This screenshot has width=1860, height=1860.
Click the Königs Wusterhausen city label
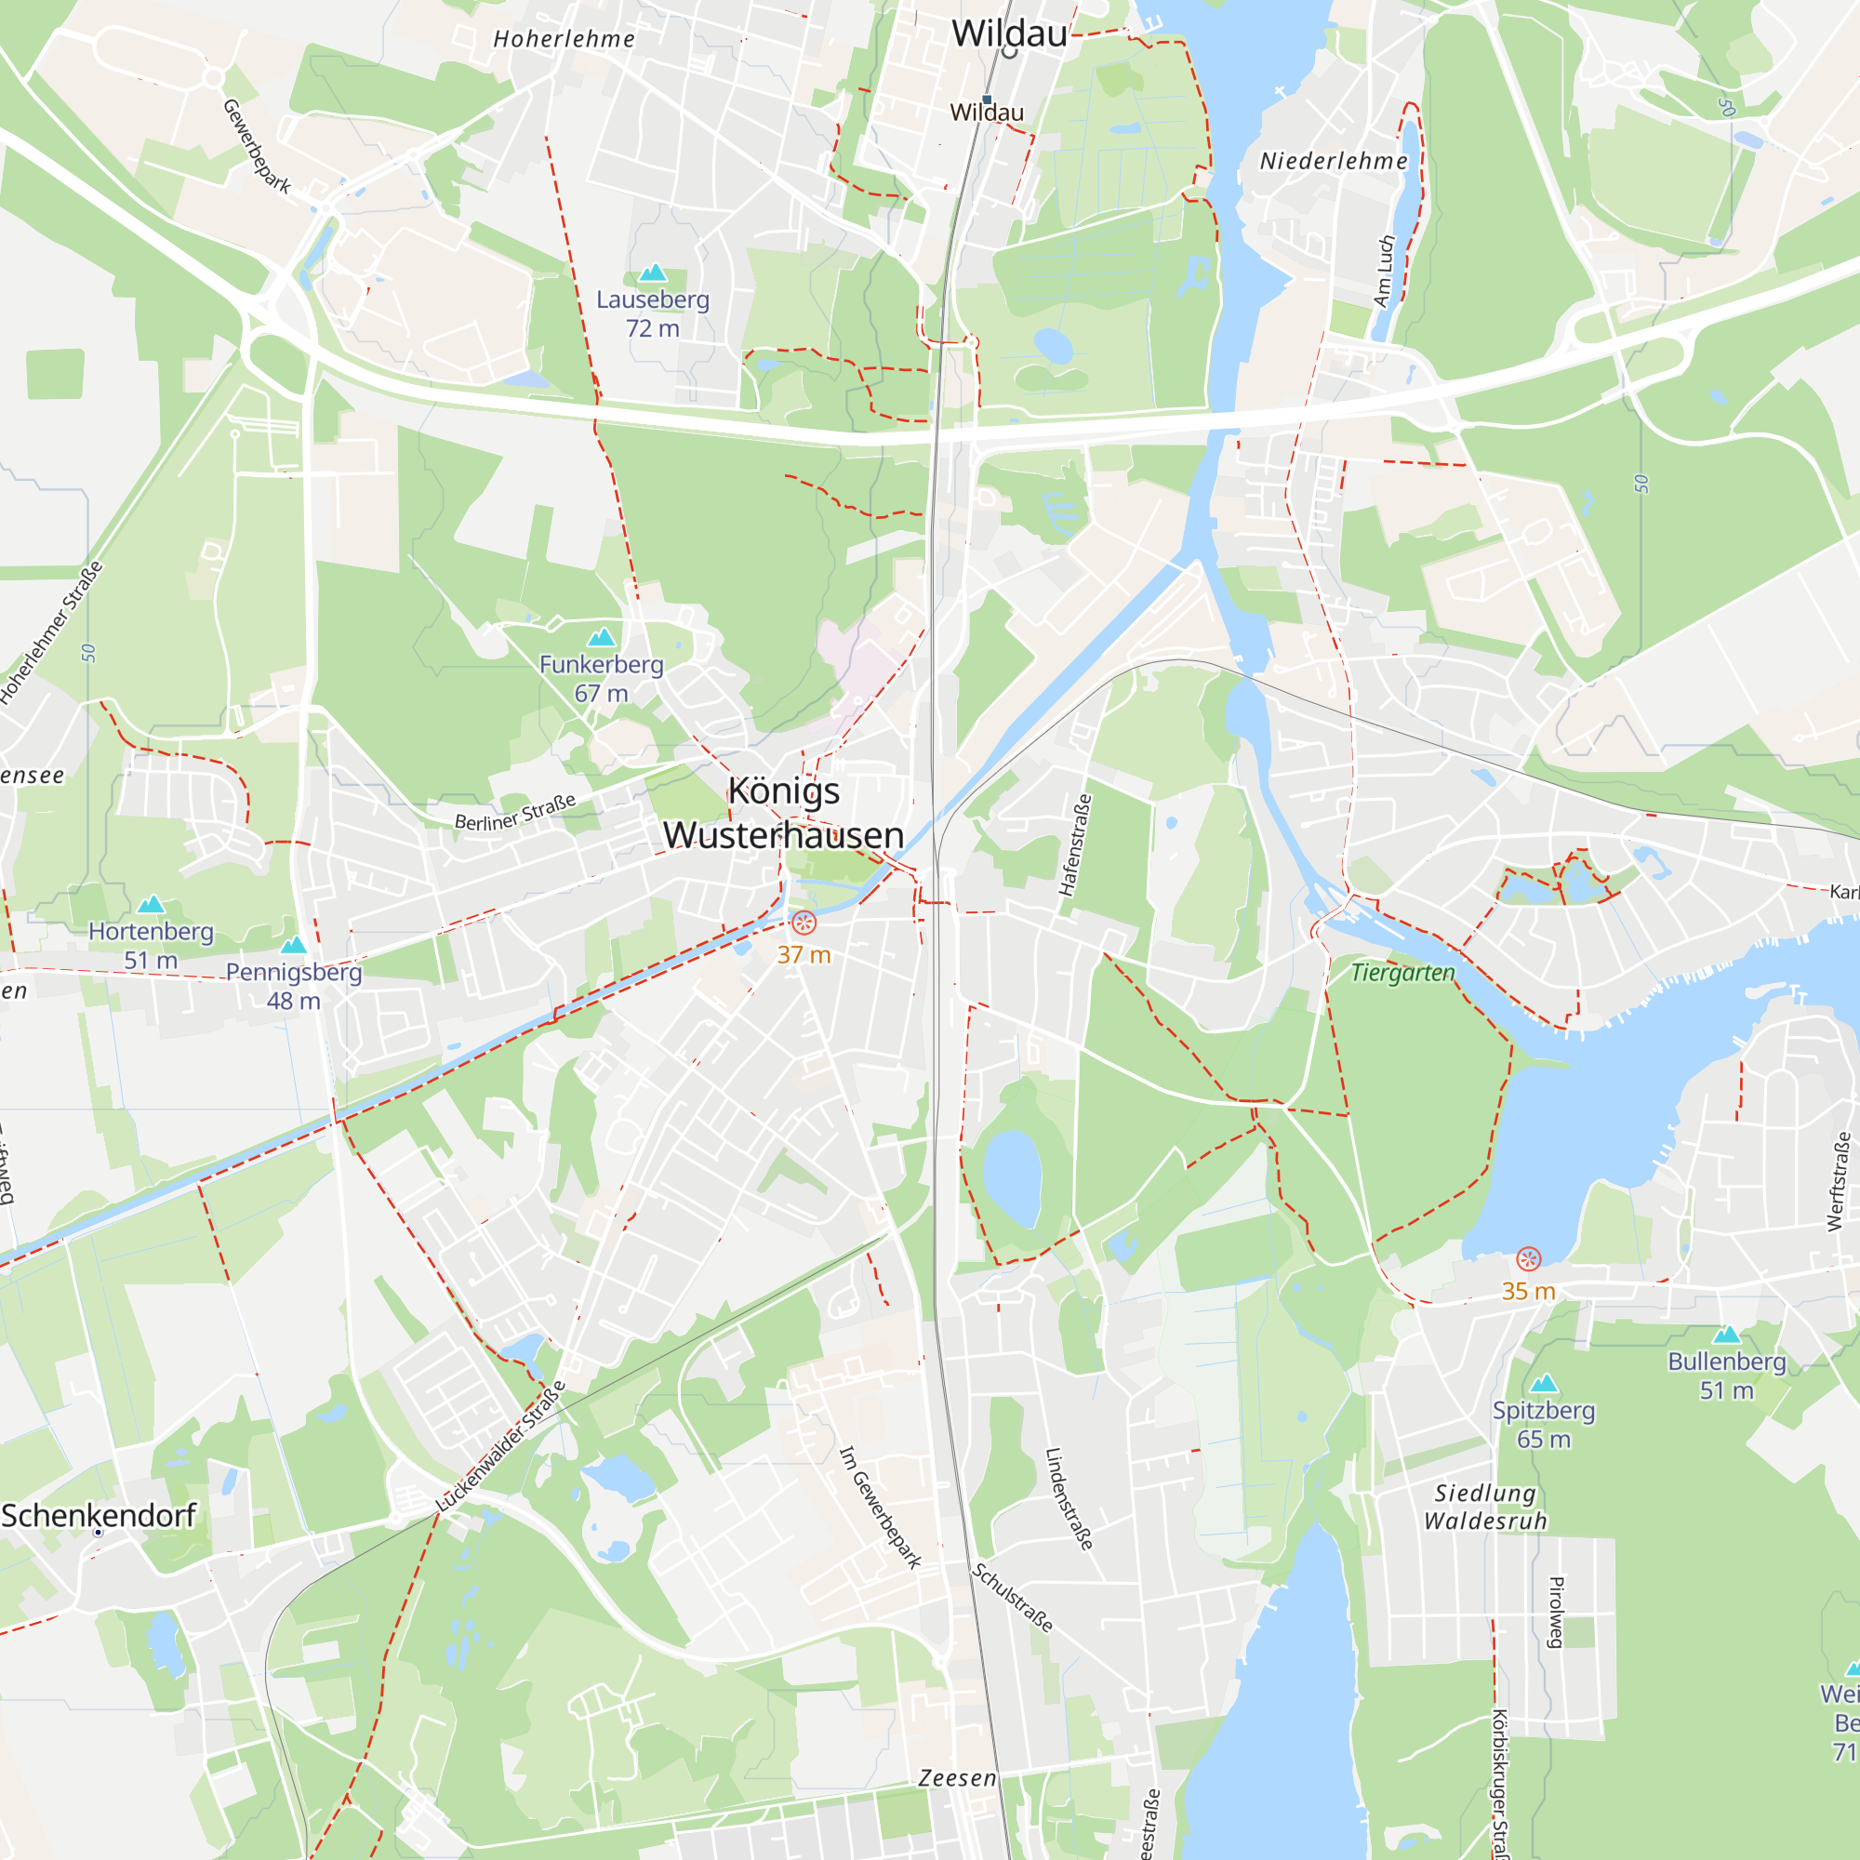click(x=784, y=813)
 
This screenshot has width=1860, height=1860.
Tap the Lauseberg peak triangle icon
click(x=653, y=273)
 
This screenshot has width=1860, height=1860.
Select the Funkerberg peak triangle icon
click(x=602, y=637)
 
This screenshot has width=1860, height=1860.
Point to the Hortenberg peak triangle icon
click(x=152, y=904)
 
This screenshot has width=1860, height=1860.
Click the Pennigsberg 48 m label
click(x=294, y=986)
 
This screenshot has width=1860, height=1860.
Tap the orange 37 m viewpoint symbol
click(x=804, y=923)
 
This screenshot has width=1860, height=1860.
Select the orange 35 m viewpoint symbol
click(x=1528, y=1258)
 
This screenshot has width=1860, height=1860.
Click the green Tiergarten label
click(x=1402, y=974)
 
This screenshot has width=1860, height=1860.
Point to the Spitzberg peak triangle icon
click(x=1544, y=1384)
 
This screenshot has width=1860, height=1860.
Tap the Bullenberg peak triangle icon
click(x=1727, y=1335)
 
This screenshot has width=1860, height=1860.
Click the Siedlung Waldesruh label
click(x=1485, y=1507)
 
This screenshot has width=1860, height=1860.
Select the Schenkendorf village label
click(x=99, y=1515)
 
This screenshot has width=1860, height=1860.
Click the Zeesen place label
click(x=957, y=1778)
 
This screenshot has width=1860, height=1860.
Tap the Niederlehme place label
click(x=1334, y=162)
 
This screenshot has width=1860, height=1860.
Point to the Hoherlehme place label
click(x=565, y=39)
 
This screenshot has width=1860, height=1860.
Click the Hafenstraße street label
click(x=1075, y=844)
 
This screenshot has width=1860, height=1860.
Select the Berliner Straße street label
click(x=515, y=812)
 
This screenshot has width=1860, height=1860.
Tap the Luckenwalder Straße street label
click(x=500, y=1446)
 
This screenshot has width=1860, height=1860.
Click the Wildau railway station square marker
click(x=987, y=100)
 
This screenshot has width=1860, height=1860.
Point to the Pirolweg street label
click(x=1556, y=1612)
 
